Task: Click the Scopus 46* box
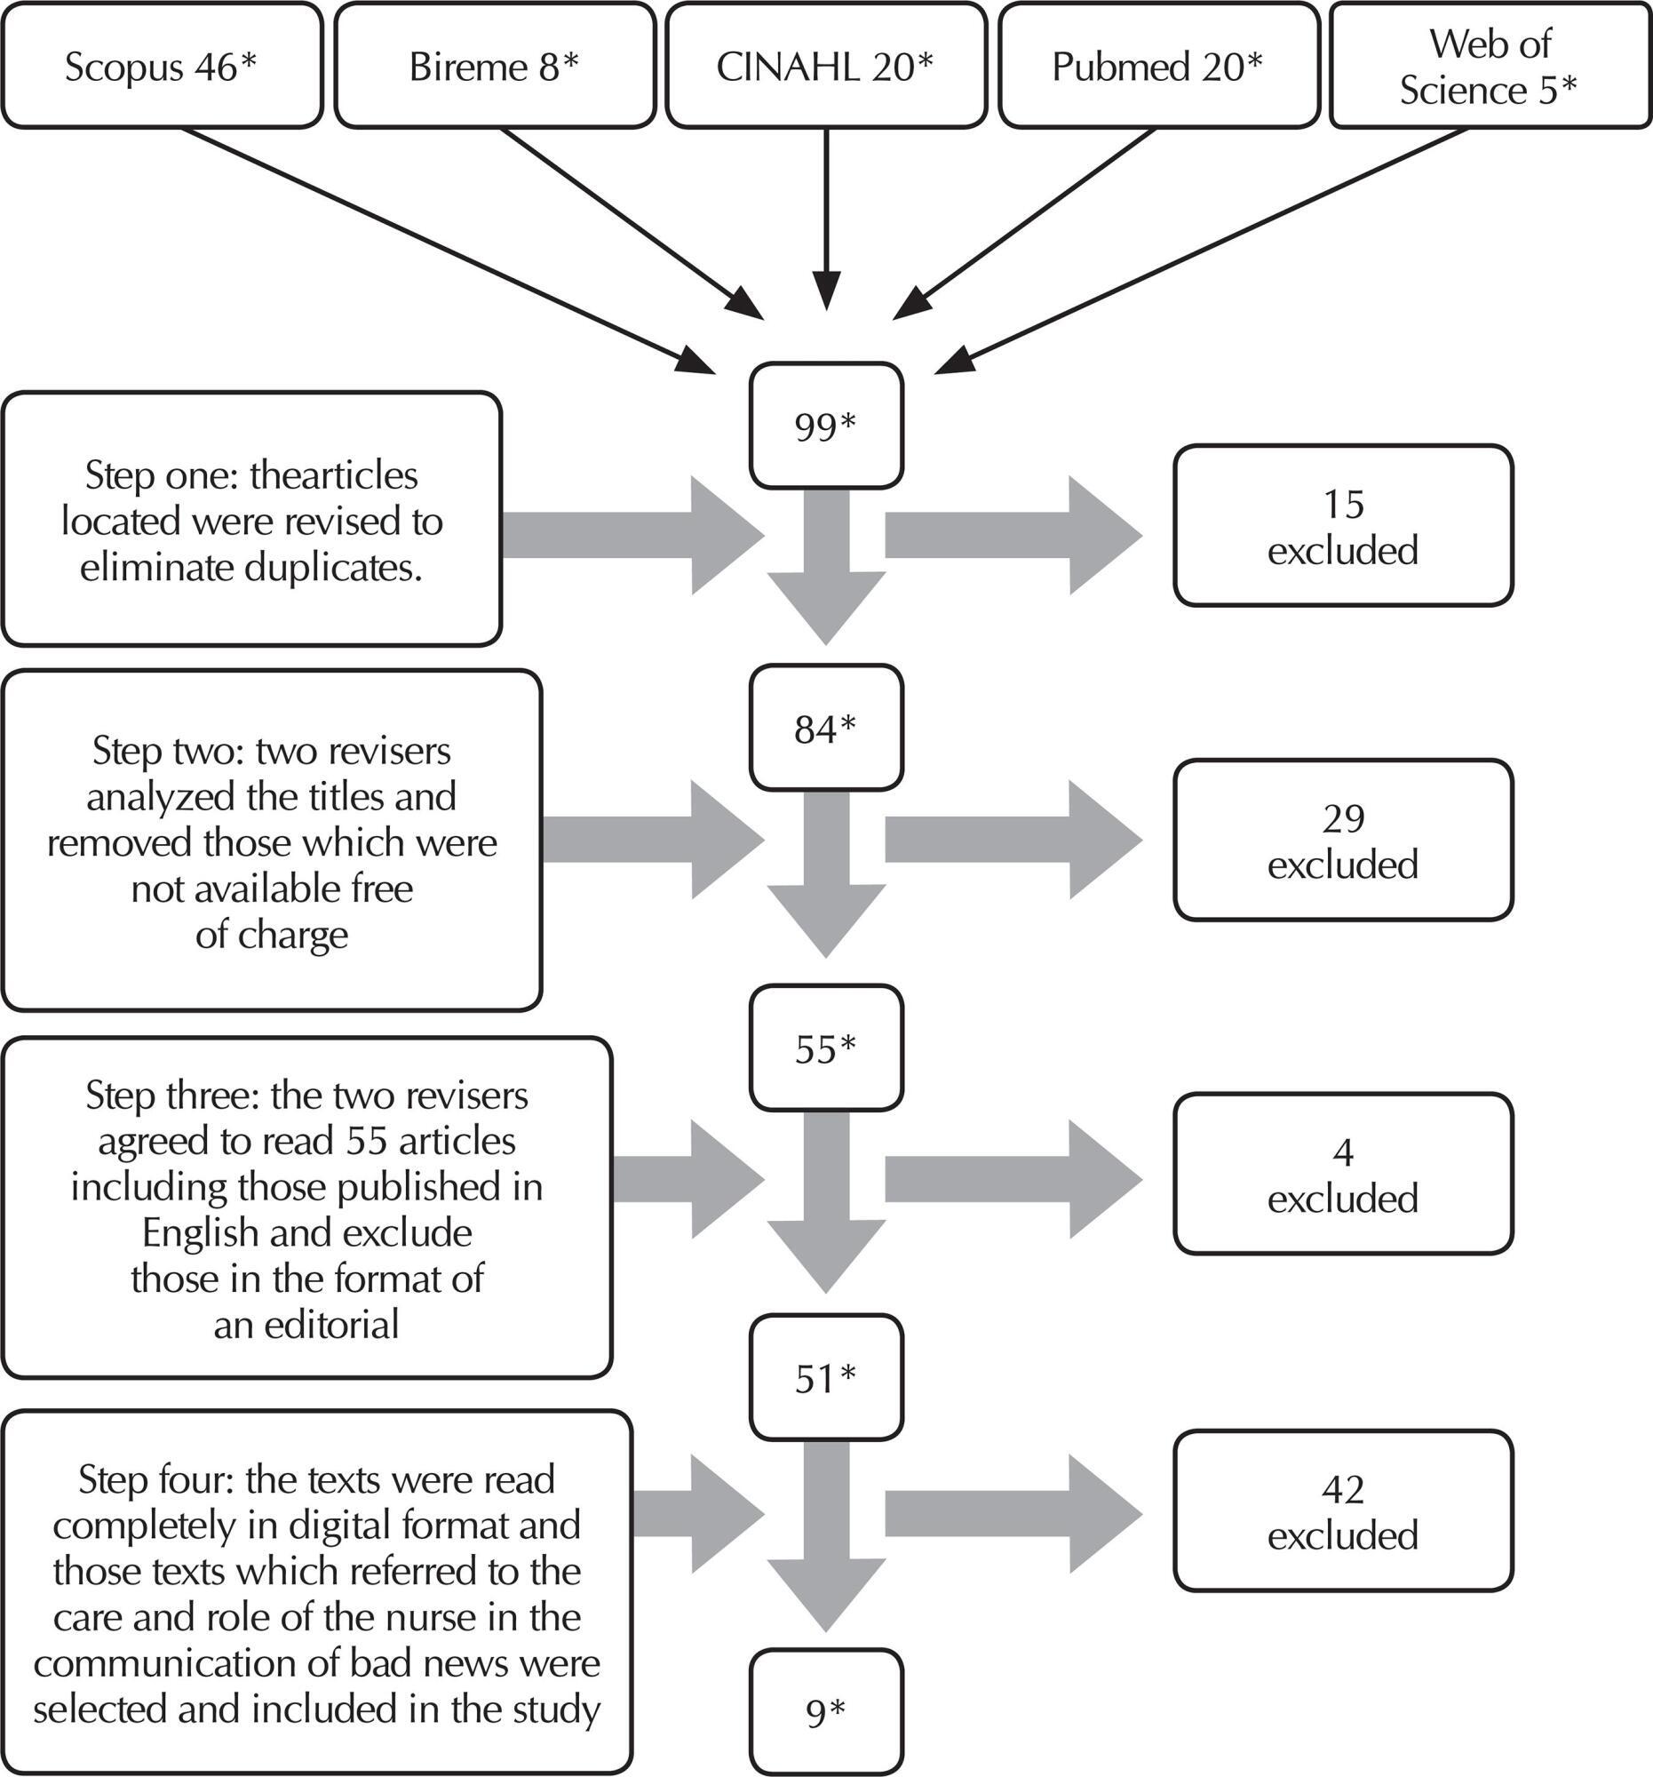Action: click(162, 65)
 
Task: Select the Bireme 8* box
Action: click(494, 65)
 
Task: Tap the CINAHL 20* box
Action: click(826, 65)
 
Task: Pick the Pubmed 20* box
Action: click(1159, 65)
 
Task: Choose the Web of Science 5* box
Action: click(1490, 65)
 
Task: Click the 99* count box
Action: click(826, 426)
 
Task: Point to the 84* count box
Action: click(826, 728)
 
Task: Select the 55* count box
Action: click(826, 1048)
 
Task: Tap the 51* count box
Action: click(826, 1377)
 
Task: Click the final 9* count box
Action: click(826, 1712)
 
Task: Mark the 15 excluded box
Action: click(1343, 526)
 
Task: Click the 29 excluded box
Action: click(1343, 841)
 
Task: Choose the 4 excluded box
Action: click(1343, 1174)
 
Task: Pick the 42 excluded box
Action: click(1343, 1510)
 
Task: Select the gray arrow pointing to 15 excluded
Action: click(1013, 537)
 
